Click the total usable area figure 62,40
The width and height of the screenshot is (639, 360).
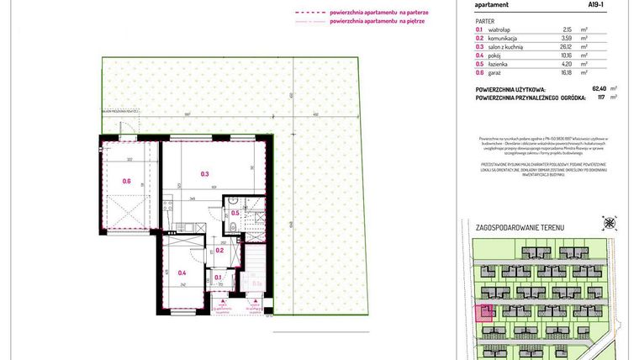coord(574,88)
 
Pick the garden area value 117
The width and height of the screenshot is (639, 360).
coord(578,97)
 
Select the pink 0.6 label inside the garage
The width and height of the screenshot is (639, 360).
coord(126,181)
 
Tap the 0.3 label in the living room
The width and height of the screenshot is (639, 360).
coord(204,174)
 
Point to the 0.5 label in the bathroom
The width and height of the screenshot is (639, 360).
coord(236,214)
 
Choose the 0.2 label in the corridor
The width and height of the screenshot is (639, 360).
coord(219,250)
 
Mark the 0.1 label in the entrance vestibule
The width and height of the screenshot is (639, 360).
coord(218,277)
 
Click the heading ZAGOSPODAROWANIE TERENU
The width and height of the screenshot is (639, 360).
coord(520,228)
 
